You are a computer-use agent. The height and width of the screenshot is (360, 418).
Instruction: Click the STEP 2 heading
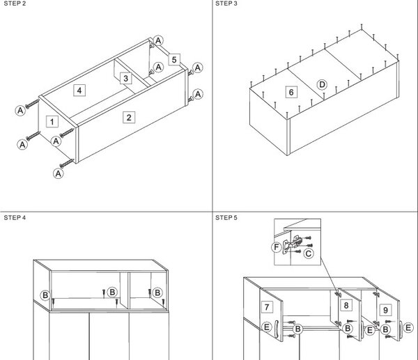coord(15,3)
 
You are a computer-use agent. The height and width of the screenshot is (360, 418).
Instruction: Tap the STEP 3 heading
coord(226,3)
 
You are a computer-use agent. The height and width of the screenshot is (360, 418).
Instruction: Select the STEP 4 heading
coord(15,218)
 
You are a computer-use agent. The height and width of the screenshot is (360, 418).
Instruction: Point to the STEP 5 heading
coord(226,218)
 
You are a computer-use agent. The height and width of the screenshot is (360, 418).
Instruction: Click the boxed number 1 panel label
coord(52,122)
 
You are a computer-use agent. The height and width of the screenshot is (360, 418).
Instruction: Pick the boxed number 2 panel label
coord(129,117)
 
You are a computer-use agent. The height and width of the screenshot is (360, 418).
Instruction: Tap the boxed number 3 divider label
coord(125,79)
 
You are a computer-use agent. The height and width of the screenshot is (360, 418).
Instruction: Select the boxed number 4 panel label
coord(79,91)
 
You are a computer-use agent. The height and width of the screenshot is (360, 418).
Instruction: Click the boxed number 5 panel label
coord(174,59)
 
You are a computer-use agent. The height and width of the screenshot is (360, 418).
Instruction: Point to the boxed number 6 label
coord(291,92)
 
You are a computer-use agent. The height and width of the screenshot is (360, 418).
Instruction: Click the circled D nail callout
coord(322,85)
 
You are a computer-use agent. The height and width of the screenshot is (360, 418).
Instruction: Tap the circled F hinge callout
coord(277,247)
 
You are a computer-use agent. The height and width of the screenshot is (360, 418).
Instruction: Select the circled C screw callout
coord(309,253)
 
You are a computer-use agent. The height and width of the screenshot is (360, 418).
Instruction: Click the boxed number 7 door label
coord(267,307)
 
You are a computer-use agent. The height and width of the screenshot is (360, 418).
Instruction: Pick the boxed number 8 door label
coord(346,305)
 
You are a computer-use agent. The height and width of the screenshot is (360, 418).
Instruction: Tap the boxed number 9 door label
coord(385,310)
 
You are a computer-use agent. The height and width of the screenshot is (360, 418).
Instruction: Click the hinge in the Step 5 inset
coord(293,244)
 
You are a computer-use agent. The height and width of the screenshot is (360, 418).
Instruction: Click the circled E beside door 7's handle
coord(267,327)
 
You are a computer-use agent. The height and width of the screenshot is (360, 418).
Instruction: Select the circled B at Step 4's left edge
coord(45,295)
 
